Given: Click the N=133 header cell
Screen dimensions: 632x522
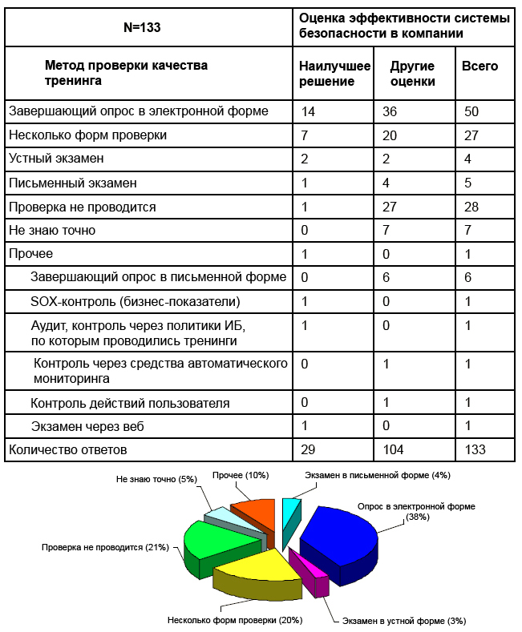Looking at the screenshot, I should click(142, 27).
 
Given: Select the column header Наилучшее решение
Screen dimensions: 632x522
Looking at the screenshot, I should click(334, 74).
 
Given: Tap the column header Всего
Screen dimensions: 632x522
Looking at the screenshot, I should click(480, 66).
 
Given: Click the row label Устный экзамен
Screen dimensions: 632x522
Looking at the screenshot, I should click(56, 159).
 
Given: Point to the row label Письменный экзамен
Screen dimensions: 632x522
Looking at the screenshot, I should click(72, 183).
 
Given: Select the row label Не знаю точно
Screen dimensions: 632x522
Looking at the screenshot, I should click(52, 231).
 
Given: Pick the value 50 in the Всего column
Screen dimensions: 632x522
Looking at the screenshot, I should click(471, 111).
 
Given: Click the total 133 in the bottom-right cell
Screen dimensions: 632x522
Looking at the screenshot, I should click(475, 449).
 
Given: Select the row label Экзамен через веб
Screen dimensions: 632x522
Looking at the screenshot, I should click(87, 426).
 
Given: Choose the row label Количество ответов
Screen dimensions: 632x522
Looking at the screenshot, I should click(67, 449).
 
